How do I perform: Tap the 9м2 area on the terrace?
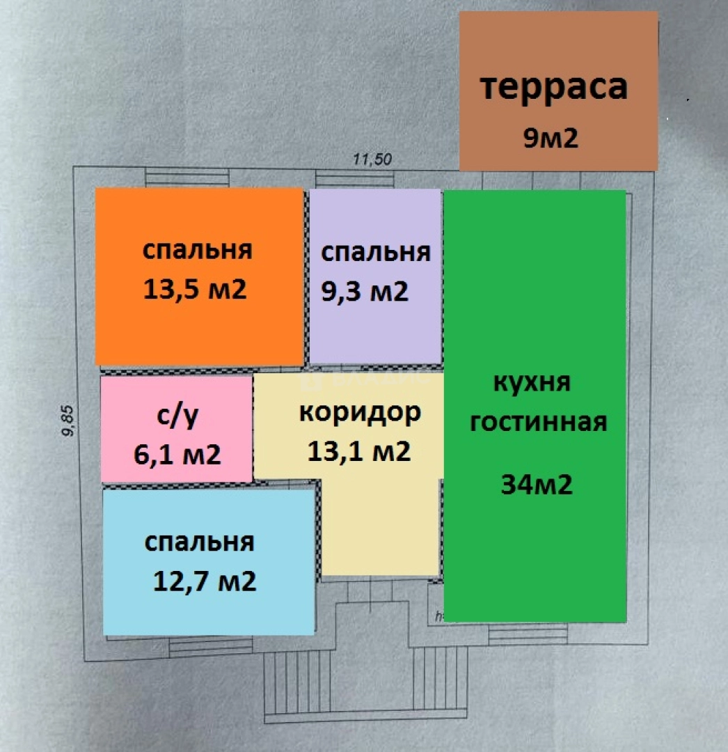[551, 139]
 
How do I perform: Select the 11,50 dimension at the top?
[372, 159]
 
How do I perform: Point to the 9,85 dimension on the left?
[68, 421]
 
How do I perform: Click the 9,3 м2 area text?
[364, 291]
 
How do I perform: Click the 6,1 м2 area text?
[177, 455]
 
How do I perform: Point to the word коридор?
[360, 412]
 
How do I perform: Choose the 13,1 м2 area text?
[358, 452]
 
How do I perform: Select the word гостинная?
[538, 422]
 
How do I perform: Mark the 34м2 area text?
[537, 485]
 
